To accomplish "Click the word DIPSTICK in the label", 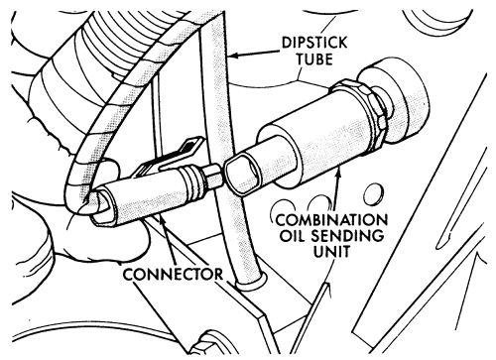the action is (x=314, y=43).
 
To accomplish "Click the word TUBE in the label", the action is (x=314, y=60).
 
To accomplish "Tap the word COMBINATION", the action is (x=331, y=220).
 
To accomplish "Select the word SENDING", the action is (x=349, y=235).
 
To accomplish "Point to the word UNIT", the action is (x=331, y=251).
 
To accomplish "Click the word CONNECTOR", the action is (x=173, y=275).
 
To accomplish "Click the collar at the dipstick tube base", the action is (x=249, y=284).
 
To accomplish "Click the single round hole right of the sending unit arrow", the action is (x=374, y=194).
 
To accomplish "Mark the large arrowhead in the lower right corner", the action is (x=475, y=260).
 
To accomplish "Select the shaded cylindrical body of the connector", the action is (x=145, y=198).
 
